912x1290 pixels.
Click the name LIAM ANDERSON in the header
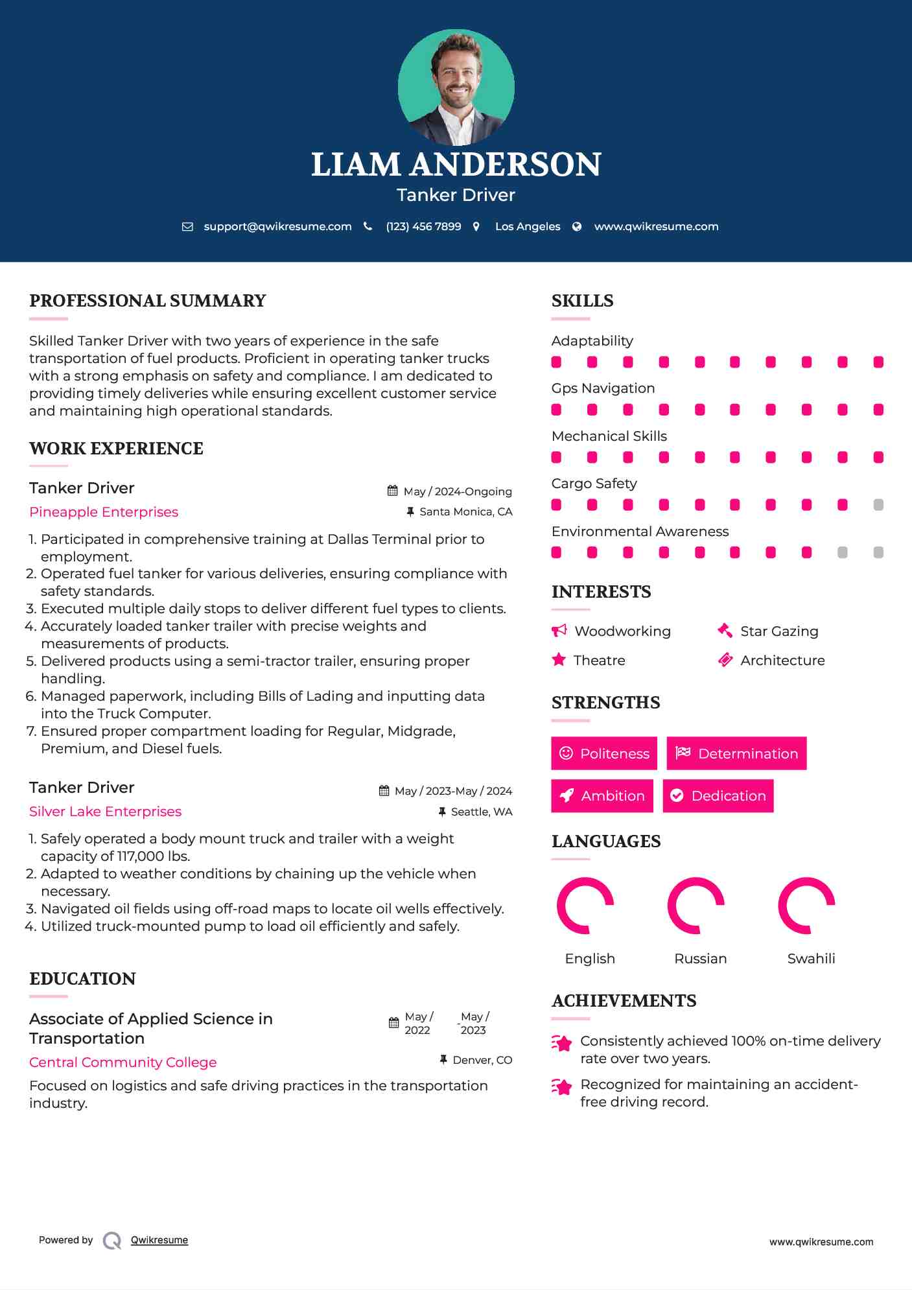[456, 165]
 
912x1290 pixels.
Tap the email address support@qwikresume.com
[277, 226]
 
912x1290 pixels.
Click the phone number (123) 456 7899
[423, 226]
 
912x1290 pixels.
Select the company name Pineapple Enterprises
[104, 512]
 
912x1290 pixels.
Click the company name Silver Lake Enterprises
[105, 812]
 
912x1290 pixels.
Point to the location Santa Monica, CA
[465, 512]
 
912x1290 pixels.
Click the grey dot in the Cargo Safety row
[878, 505]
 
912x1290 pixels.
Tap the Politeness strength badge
[604, 753]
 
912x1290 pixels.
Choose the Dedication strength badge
[718, 796]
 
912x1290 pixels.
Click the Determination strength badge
[736, 753]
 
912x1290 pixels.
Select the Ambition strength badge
[602, 796]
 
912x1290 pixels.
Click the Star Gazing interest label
[779, 631]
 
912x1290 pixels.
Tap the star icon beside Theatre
[559, 660]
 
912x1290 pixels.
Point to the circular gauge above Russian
[696, 906]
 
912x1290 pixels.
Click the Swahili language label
[811, 959]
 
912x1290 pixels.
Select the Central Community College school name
[123, 1062]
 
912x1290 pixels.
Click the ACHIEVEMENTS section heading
[624, 1001]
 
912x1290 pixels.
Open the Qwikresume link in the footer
[159, 1240]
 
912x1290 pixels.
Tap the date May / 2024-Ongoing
[458, 491]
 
